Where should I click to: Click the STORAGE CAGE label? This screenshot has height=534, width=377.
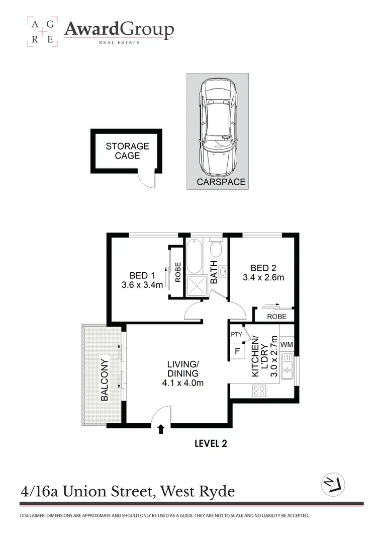pos(127,151)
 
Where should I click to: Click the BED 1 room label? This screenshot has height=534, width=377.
pos(142,275)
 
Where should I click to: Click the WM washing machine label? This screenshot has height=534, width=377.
pos(287,345)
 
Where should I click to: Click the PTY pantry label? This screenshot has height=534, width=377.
pos(236,334)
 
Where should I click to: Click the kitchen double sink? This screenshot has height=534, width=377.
pos(287,366)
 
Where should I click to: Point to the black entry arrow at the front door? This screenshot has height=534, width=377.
pos(161,429)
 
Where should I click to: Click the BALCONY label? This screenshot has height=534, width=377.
pos(105,379)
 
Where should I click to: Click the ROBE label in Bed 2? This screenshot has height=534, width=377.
pos(276,317)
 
